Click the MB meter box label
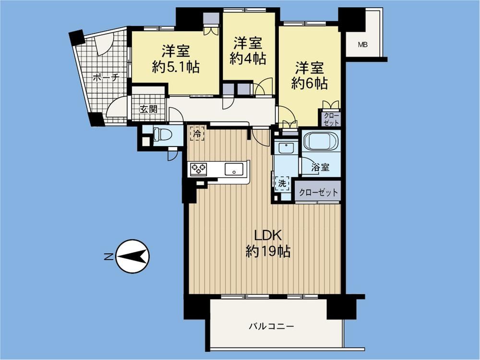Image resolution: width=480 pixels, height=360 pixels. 363,45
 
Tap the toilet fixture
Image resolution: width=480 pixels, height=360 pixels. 162,134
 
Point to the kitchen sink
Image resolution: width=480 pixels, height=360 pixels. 234,169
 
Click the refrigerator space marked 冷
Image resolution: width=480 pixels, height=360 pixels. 197,134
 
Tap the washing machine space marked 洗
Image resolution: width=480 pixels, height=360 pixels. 282,183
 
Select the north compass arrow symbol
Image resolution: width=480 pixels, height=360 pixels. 132,256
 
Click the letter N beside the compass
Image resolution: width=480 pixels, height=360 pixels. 108,257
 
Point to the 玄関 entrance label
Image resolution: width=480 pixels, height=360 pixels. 148,109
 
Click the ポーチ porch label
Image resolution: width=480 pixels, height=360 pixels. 106,77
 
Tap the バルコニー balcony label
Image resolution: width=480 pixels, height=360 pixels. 271,326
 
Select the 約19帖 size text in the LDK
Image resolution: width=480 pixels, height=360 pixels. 268,252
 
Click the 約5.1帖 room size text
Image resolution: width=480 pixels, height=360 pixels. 176,67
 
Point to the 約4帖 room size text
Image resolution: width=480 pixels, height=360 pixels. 248,59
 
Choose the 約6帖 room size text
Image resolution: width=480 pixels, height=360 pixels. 310,83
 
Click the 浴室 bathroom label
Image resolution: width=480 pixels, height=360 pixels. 321,168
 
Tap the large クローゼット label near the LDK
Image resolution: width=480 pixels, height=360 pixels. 318,192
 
